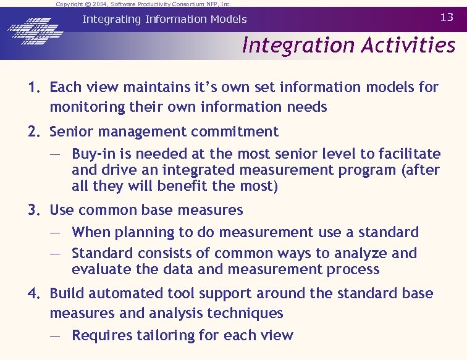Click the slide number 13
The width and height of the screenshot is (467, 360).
tap(447, 17)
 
